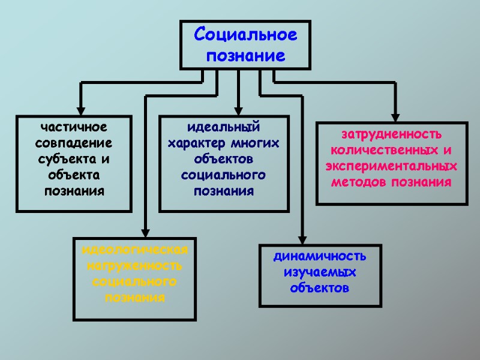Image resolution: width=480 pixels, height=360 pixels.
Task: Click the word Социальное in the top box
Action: [245, 35]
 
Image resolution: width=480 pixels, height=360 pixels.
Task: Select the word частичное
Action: [74, 127]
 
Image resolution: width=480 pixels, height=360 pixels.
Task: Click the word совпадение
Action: [74, 143]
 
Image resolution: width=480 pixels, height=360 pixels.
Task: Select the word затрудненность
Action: [392, 133]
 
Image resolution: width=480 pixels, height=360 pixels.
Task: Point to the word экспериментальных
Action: [392, 166]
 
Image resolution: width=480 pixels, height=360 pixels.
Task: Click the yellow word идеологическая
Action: [134, 250]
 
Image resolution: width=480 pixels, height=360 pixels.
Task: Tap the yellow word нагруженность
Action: [134, 265]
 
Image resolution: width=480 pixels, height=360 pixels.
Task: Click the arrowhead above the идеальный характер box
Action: [238, 110]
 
